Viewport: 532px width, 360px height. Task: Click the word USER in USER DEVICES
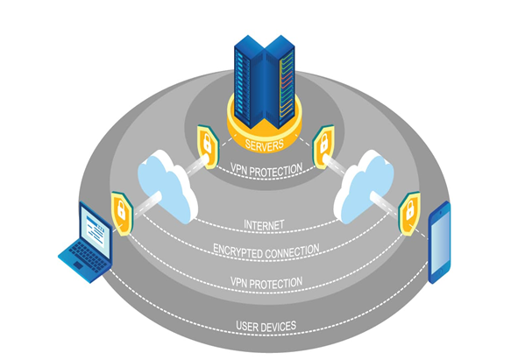(250, 327)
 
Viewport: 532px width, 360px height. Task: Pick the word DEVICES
(280, 327)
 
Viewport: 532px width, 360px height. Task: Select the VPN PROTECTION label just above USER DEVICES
(265, 282)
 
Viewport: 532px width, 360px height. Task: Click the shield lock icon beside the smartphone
(408, 211)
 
